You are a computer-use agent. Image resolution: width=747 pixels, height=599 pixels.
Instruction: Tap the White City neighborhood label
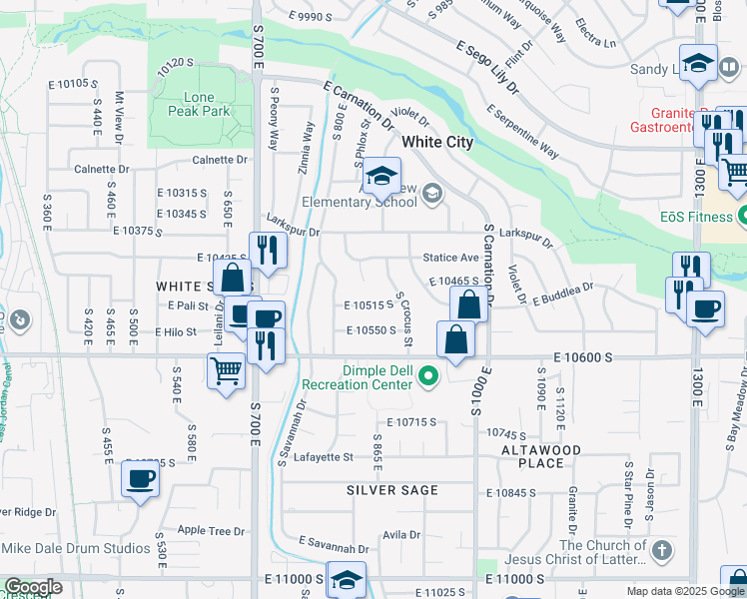tap(437, 143)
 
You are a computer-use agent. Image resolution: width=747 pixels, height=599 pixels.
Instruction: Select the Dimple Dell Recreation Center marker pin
tap(429, 376)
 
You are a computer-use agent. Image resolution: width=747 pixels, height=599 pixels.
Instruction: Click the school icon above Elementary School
tap(380, 177)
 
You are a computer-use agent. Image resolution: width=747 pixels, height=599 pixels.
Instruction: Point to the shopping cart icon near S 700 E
tap(227, 370)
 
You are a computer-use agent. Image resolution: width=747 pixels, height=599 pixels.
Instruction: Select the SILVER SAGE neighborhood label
tap(392, 490)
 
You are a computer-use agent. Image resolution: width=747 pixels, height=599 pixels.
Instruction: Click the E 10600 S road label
tap(583, 356)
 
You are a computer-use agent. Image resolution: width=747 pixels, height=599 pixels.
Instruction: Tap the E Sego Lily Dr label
tap(488, 67)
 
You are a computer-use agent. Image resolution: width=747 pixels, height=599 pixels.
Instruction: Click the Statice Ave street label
tap(450, 258)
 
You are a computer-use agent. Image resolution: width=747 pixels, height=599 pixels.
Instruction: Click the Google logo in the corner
tap(32, 587)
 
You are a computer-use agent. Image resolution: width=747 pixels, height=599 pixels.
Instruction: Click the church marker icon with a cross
tap(660, 550)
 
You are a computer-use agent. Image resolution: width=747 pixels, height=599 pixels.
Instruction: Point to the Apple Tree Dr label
tap(211, 531)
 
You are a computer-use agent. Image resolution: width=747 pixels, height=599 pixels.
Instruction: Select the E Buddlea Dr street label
tap(562, 293)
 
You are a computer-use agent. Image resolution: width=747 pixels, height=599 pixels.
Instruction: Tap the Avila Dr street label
tap(401, 535)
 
